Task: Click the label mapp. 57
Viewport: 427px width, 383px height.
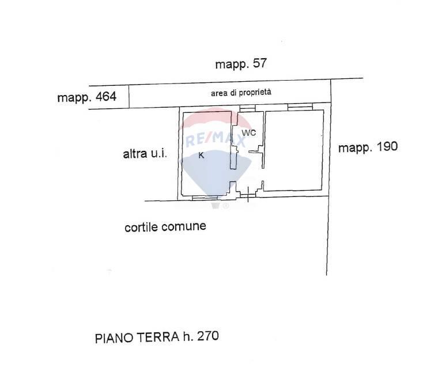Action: pyautogui.click(x=241, y=64)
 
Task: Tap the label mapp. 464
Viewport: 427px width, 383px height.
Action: pyautogui.click(x=86, y=97)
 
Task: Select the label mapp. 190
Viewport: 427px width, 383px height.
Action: pyautogui.click(x=368, y=147)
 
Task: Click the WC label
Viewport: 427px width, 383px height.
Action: pyautogui.click(x=249, y=132)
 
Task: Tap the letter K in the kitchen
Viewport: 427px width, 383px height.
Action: pyautogui.click(x=201, y=155)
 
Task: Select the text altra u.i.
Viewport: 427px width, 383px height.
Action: pyautogui.click(x=145, y=154)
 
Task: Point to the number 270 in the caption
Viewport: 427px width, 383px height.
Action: pyautogui.click(x=207, y=336)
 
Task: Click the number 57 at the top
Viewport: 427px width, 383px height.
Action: pyautogui.click(x=260, y=64)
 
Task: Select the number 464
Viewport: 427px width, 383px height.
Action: pyautogui.click(x=106, y=97)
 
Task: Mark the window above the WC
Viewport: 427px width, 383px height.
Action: pyautogui.click(x=247, y=109)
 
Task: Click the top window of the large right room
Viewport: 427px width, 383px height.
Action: pyautogui.click(x=300, y=108)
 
